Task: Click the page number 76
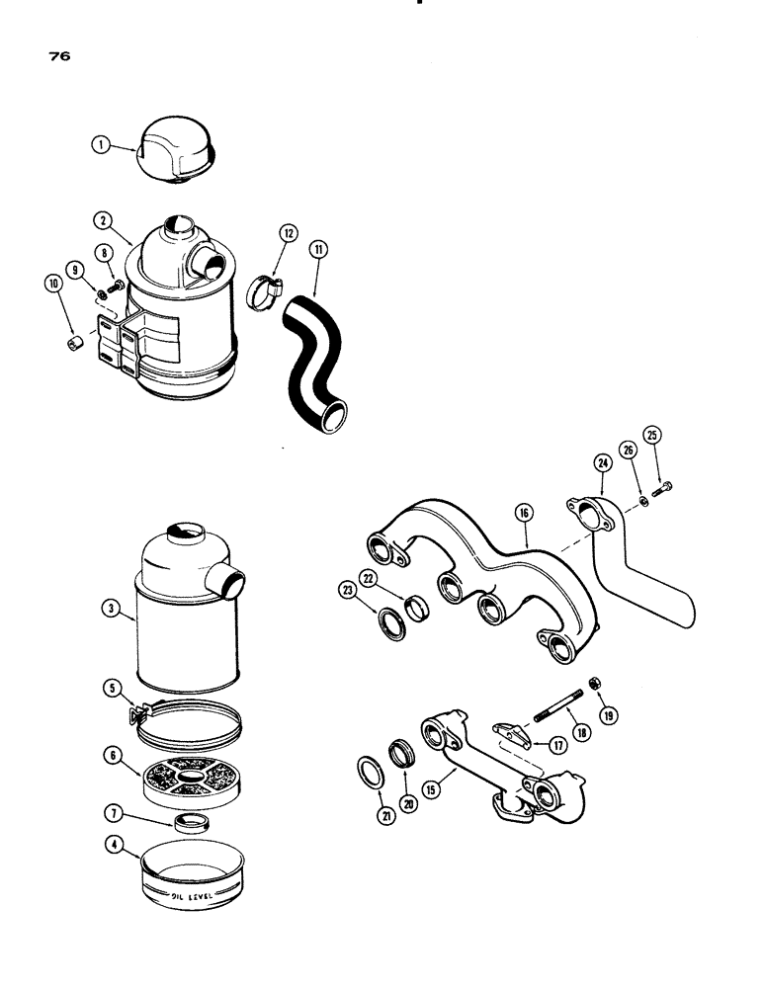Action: pos(56,56)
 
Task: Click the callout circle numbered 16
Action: pos(523,512)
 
